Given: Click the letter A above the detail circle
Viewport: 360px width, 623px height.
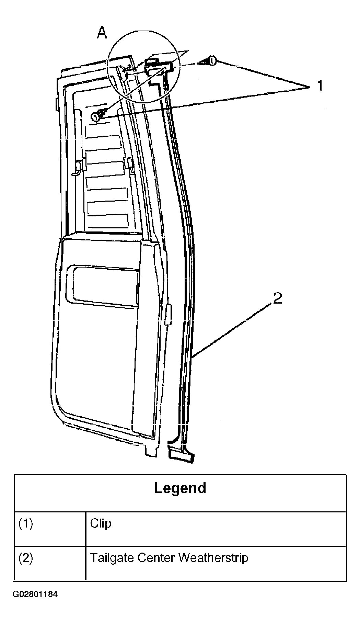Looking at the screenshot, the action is [x=102, y=33].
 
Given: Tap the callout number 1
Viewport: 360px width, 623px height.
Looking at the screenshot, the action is [x=320, y=86].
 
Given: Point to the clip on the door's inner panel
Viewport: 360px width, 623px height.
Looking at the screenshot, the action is [x=98, y=115].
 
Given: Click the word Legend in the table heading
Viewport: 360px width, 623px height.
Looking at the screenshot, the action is [x=180, y=488].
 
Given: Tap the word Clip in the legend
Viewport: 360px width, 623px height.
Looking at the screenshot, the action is [x=101, y=524].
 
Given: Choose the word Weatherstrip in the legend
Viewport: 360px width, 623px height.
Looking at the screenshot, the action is [x=213, y=558].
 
